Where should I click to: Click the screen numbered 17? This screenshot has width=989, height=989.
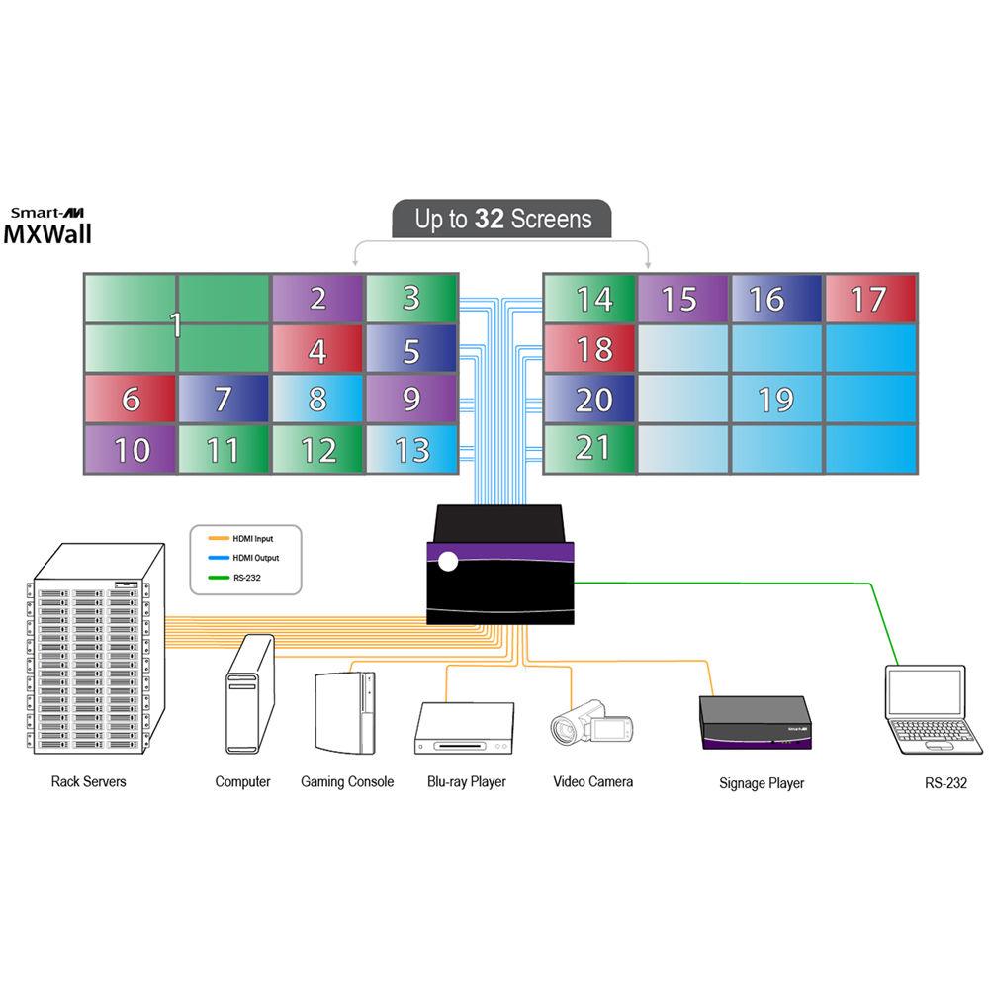[x=870, y=299]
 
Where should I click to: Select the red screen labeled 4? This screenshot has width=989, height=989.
[x=317, y=350]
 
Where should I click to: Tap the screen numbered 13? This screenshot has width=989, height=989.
[x=411, y=450]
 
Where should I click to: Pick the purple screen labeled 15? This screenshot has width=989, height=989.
[x=679, y=299]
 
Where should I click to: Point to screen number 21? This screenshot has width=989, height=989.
[x=591, y=449]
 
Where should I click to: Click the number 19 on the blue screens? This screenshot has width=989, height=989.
[x=775, y=400]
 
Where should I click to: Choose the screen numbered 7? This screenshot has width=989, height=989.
[x=224, y=400]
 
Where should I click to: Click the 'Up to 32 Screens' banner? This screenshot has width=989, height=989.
[x=501, y=220]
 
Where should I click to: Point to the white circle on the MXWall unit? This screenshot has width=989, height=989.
[x=448, y=562]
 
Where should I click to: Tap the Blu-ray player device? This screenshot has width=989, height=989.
[x=465, y=729]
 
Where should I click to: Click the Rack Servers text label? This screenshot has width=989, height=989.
[x=88, y=781]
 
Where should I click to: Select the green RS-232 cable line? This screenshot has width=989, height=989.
[x=752, y=584]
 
